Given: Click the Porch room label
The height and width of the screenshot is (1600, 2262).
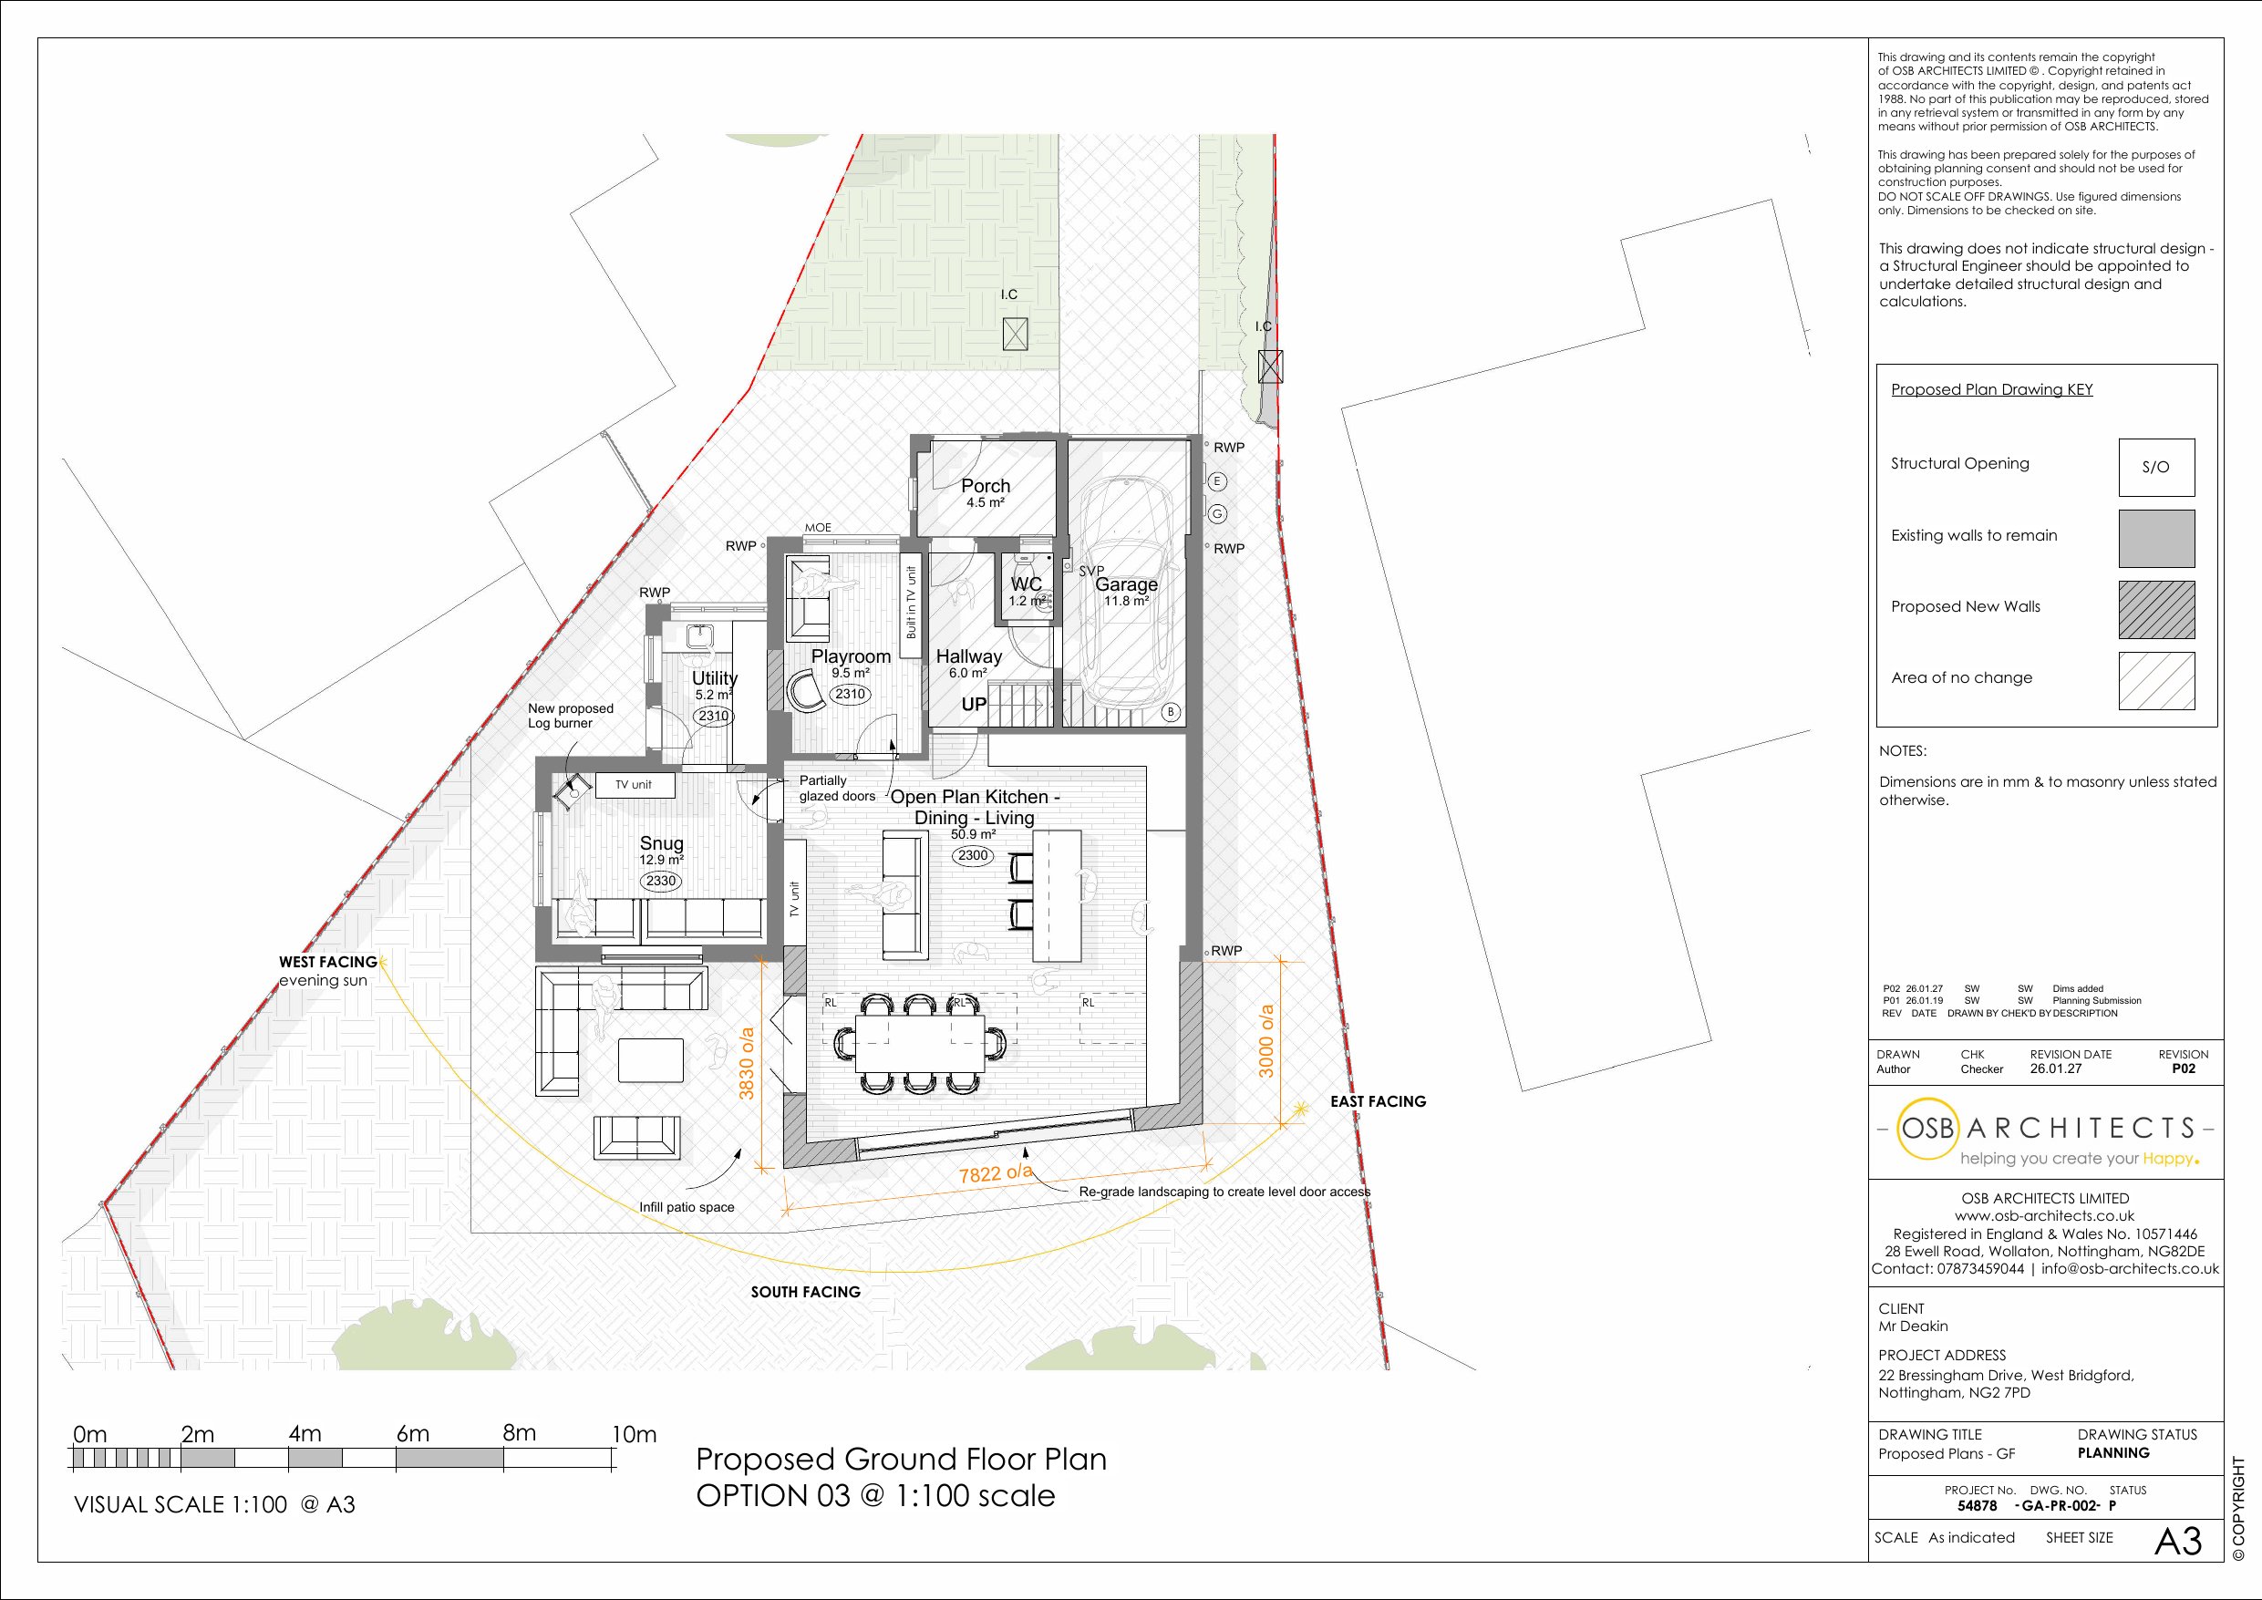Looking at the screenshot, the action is point(986,486).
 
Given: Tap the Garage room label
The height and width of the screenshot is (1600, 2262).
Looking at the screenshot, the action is point(1126,584).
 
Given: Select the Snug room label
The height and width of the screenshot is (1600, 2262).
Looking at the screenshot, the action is point(661,843).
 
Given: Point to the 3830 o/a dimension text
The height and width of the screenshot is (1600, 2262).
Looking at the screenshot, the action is point(747,1063).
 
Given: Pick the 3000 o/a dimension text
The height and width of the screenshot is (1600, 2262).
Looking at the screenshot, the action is point(1267,1040).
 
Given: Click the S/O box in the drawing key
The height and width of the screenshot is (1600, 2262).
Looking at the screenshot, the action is point(2156,467).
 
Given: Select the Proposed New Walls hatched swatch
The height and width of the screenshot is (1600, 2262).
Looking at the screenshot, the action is point(2156,610).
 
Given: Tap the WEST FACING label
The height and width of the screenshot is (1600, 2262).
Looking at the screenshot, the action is point(328,962).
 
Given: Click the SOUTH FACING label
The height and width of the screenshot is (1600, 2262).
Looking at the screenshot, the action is point(806,1292).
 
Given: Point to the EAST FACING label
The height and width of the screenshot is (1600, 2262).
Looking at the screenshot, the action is point(1379,1101).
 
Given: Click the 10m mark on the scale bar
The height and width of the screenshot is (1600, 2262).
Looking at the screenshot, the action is point(634,1434).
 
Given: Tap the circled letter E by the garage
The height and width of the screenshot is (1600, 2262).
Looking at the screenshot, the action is point(1218,481).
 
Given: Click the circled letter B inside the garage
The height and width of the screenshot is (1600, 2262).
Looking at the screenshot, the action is point(1172,712).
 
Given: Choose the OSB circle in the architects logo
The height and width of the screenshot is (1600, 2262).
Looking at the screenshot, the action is point(1928,1128).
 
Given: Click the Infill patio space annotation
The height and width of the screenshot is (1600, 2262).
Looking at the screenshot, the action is point(687,1207).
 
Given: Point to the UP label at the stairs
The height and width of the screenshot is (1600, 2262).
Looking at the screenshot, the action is point(974,705).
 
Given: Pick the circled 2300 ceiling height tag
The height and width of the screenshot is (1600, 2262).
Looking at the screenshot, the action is point(973,855).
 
